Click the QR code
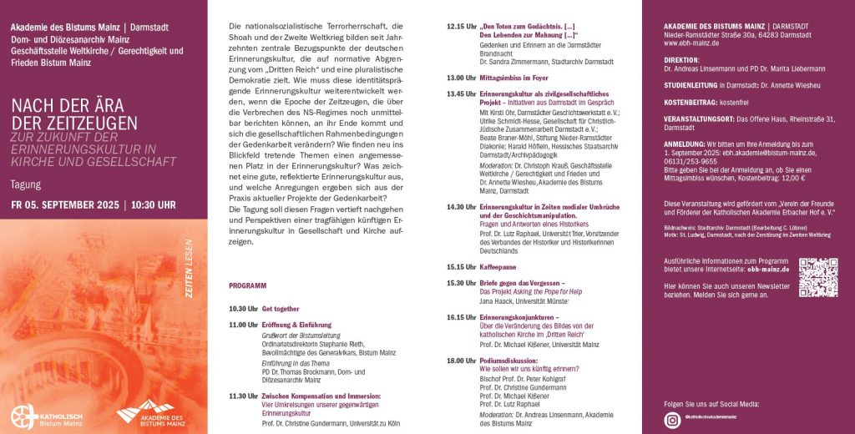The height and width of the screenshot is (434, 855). [817, 277]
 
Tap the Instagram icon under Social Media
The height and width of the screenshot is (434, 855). [673, 420]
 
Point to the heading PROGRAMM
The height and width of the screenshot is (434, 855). [248, 285]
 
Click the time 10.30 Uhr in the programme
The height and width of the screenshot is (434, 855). [244, 309]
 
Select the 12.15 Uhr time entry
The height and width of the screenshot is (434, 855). [460, 27]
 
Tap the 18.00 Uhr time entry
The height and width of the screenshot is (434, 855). [460, 360]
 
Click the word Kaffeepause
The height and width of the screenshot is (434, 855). [498, 267]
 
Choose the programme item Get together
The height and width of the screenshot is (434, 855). [281, 309]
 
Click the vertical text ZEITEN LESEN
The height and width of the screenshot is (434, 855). [188, 266]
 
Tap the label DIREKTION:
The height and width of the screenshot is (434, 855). [676, 61]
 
